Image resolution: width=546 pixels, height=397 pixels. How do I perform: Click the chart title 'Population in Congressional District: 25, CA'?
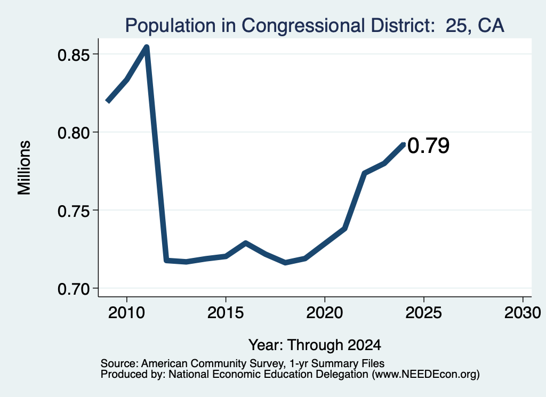pyautogui.click(x=315, y=26)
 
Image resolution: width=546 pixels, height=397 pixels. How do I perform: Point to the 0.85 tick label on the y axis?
pyautogui.click(x=73, y=55)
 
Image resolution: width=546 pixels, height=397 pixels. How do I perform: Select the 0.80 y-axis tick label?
pyautogui.click(x=73, y=133)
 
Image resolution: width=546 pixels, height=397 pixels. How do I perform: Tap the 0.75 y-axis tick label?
pyautogui.click(x=73, y=210)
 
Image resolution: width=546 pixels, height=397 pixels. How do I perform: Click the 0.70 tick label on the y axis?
pyautogui.click(x=73, y=289)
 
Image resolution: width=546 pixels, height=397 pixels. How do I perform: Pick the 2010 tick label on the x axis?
pyautogui.click(x=126, y=312)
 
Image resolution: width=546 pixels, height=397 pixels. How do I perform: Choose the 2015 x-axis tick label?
pyautogui.click(x=226, y=312)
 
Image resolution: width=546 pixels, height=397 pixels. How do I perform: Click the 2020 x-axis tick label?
pyautogui.click(x=325, y=312)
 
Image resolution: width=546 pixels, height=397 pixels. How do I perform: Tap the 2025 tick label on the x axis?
pyautogui.click(x=424, y=312)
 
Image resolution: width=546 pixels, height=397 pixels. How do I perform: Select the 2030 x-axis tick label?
pyautogui.click(x=523, y=312)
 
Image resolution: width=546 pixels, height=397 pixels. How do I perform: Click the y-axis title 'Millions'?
pyautogui.click(x=25, y=167)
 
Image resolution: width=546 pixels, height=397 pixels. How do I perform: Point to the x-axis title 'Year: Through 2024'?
pyautogui.click(x=315, y=345)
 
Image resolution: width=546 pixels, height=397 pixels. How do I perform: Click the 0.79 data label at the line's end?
pyautogui.click(x=428, y=145)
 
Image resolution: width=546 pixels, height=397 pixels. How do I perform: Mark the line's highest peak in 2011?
pyautogui.click(x=147, y=47)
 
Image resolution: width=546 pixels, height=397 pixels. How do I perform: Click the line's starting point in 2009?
pyautogui.click(x=108, y=101)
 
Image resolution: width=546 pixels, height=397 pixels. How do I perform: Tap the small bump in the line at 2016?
pyautogui.click(x=245, y=243)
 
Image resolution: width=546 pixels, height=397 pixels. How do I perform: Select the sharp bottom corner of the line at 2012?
pyautogui.click(x=166, y=260)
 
